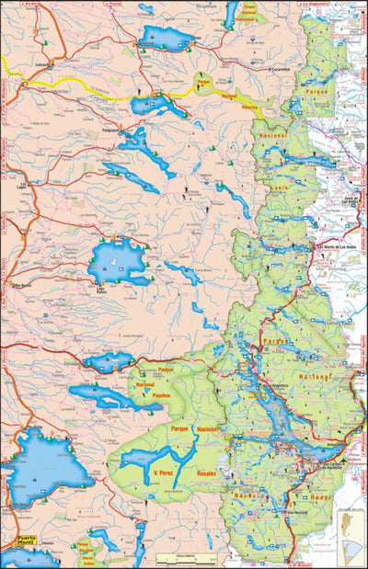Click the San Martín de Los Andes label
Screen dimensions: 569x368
(x=336, y=247)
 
